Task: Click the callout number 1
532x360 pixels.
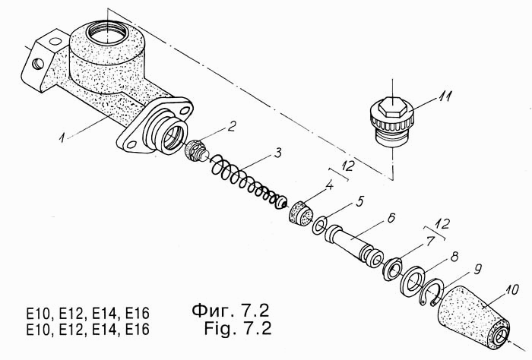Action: coord(62,137)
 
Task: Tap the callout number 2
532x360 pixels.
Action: coord(231,127)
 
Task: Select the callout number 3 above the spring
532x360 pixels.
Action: coord(278,153)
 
